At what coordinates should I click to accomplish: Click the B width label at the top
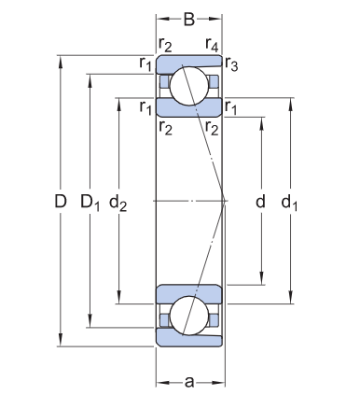[x=189, y=17]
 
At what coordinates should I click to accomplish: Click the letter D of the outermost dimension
[x=61, y=201]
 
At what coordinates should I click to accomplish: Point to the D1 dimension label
[x=90, y=201]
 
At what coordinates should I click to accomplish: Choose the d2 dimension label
[x=118, y=201]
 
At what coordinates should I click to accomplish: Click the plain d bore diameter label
[x=260, y=201]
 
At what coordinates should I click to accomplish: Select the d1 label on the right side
[x=292, y=201]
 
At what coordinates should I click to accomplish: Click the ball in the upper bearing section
[x=189, y=82]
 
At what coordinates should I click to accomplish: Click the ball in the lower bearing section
[x=189, y=317]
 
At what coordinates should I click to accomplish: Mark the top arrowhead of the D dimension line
[x=61, y=59]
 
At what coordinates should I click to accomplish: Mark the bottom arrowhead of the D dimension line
[x=61, y=342]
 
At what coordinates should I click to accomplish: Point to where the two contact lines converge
[x=225, y=200]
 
